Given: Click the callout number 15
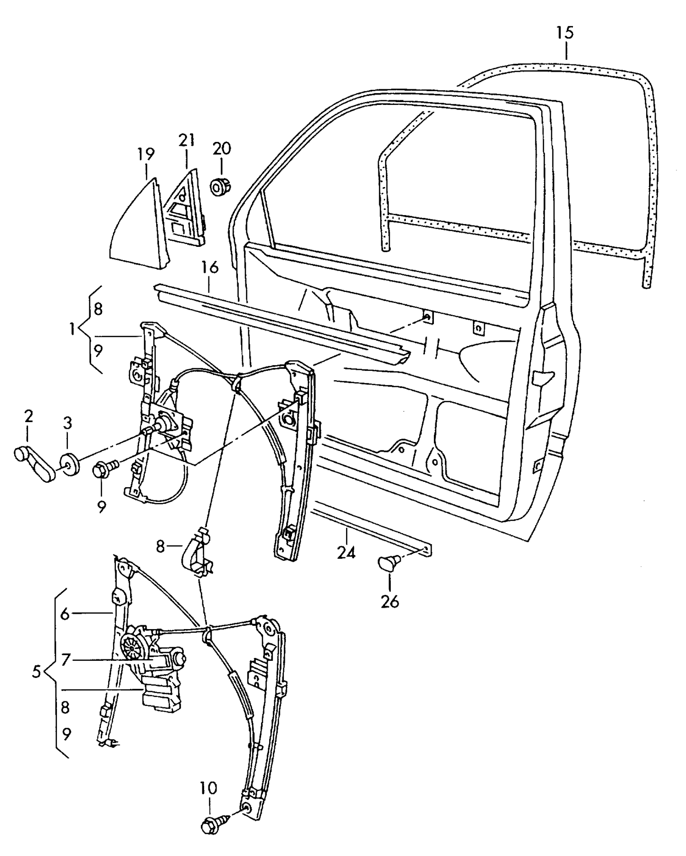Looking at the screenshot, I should coord(565,33).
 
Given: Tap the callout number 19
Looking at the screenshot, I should coord(146,154).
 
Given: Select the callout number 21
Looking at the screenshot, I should coord(187,140).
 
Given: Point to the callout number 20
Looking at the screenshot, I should coord(222,149).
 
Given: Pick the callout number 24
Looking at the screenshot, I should coord(346,553).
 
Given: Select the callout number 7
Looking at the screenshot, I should coord(66,659).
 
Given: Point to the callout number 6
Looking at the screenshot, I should coord(65,614).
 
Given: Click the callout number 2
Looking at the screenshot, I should coord(28,417).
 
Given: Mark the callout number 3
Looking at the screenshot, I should coord(67,423).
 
